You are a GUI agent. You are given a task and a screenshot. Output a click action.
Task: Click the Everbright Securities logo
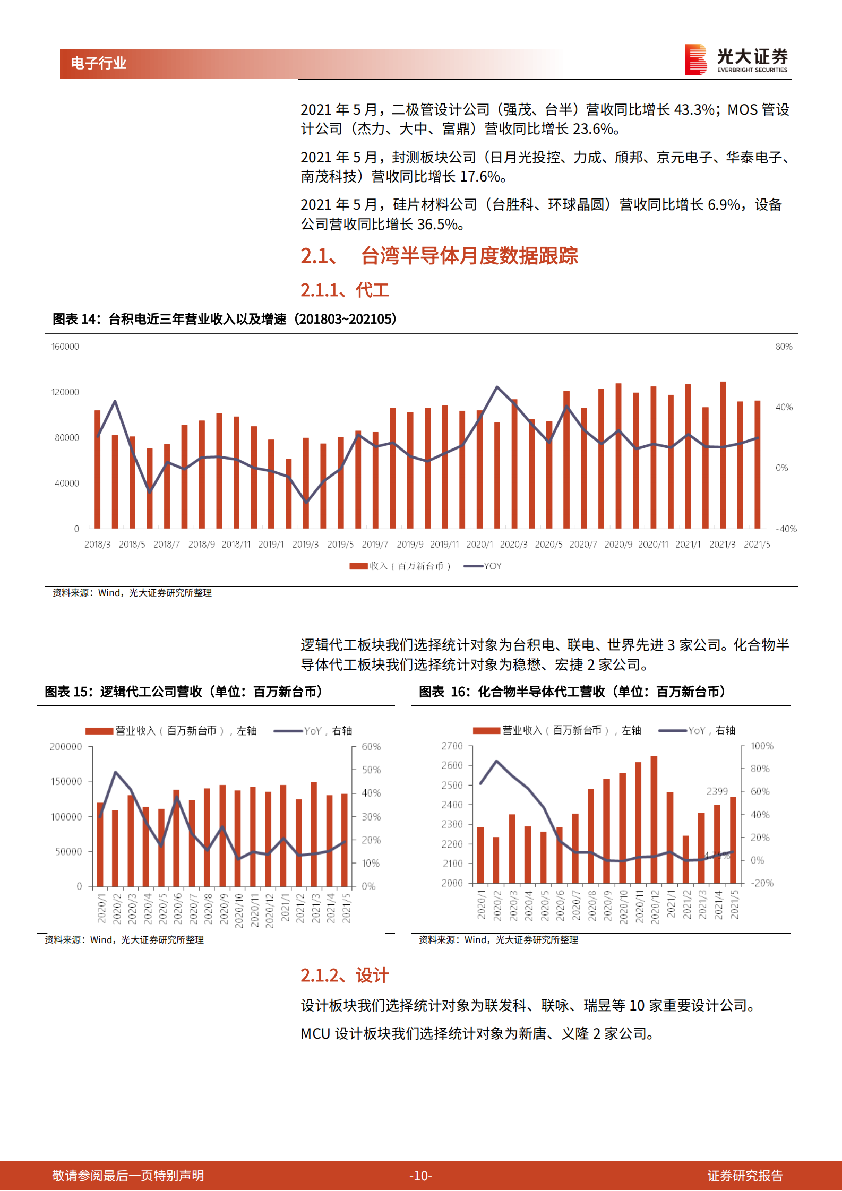click(x=736, y=59)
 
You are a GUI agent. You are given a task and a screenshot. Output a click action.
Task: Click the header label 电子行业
click(x=99, y=64)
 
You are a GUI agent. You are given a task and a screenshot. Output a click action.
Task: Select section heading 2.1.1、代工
click(x=345, y=290)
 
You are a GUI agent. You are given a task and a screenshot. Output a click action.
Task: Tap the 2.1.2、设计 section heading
click(x=345, y=975)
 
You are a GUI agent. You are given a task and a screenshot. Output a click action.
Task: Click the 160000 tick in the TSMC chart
click(x=65, y=347)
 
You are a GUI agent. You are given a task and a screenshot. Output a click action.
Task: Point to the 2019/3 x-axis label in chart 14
click(x=305, y=545)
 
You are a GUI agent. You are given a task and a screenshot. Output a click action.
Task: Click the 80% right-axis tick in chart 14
click(x=784, y=347)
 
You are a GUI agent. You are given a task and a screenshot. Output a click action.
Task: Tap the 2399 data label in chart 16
click(x=717, y=791)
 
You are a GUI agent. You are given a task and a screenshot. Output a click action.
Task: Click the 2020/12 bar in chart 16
click(x=654, y=820)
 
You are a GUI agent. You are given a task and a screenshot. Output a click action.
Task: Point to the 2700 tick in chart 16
click(x=452, y=746)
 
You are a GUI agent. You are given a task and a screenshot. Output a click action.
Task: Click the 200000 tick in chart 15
click(x=66, y=747)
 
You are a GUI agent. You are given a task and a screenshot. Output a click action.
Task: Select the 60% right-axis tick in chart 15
click(x=371, y=747)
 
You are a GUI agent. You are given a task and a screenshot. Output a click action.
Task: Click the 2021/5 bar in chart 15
click(x=345, y=840)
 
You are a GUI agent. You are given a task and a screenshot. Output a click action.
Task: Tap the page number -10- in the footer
click(x=420, y=1176)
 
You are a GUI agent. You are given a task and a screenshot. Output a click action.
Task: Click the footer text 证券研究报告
click(x=745, y=1176)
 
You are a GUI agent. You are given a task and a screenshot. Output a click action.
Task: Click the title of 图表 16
click(x=572, y=692)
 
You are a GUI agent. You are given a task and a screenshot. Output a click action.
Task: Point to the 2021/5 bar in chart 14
click(x=758, y=464)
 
